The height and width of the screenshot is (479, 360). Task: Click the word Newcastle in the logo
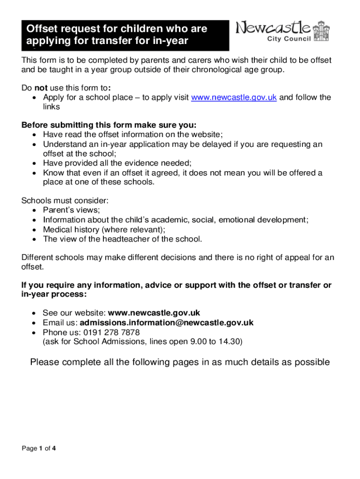click(x=273, y=28)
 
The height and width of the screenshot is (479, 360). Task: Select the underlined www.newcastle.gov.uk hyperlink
click(x=234, y=97)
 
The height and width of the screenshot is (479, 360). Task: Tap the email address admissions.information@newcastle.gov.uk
click(x=166, y=323)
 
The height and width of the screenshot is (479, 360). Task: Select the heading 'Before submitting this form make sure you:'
click(x=109, y=125)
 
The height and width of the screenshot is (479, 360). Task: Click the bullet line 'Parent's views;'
click(x=71, y=210)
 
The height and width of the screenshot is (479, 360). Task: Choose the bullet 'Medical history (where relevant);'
click(x=104, y=229)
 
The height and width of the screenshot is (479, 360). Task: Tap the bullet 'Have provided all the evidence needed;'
click(x=117, y=163)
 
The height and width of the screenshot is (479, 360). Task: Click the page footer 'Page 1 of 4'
click(x=39, y=449)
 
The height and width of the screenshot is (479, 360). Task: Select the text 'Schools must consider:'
click(x=65, y=201)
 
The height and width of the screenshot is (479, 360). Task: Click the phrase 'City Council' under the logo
click(x=288, y=39)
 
